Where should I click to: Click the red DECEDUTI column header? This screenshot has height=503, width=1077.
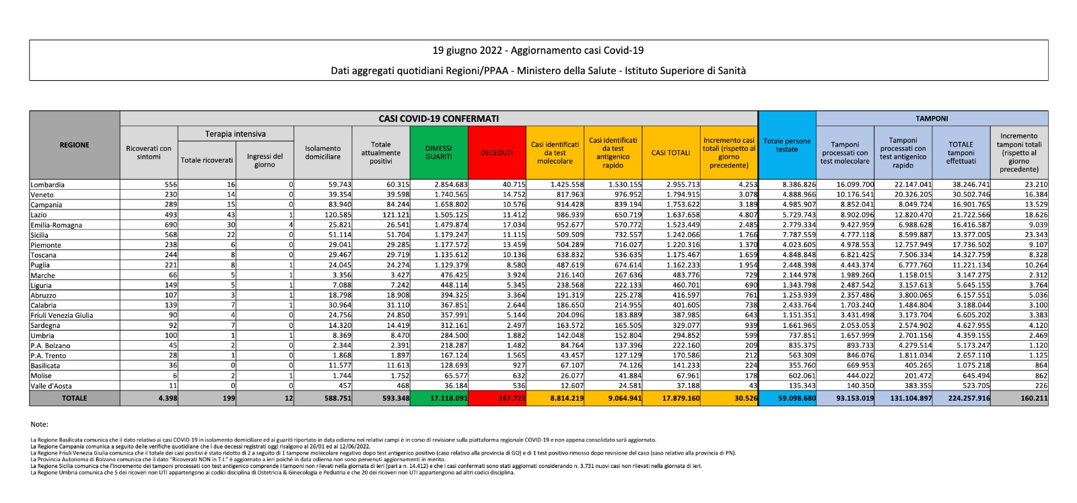point(497,153)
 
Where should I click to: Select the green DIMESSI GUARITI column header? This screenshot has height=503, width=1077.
point(439,153)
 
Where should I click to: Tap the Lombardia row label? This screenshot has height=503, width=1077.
point(48,185)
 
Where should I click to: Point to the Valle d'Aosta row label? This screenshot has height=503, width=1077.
point(51,386)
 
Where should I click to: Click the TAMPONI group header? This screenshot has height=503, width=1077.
point(932,119)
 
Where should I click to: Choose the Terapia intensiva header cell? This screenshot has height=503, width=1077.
point(236,134)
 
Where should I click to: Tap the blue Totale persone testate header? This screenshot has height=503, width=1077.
point(787,145)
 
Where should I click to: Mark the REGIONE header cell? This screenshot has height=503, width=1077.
point(74,145)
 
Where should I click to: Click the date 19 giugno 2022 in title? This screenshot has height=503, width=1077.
point(468,51)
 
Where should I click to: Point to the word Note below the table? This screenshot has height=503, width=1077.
point(39,424)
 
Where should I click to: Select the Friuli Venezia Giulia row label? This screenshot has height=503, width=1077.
point(62,315)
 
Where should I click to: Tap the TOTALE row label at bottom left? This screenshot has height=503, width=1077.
point(74,399)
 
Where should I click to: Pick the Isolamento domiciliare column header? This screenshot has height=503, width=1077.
point(322,153)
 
